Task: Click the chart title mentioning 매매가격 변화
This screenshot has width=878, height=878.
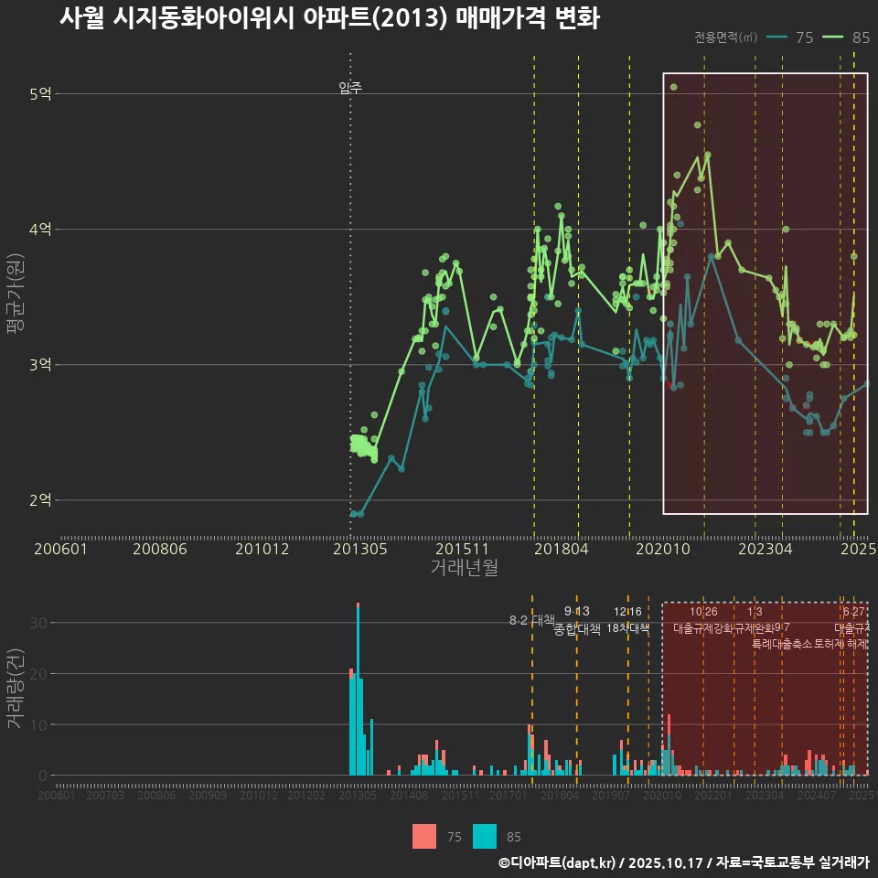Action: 329,18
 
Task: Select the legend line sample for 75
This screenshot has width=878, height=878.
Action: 777,37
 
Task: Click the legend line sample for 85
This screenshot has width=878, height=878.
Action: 834,37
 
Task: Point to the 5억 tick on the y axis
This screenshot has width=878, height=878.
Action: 40,93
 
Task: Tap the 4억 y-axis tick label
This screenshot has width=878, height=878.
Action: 40,229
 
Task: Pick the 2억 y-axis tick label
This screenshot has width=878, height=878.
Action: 40,499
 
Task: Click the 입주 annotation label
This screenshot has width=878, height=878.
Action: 350,88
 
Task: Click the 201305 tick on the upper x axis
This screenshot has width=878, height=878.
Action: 359,549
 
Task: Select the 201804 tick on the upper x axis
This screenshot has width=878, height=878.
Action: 561,549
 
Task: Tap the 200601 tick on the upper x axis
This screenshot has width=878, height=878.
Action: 60,549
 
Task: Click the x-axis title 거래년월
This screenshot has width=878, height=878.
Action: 464,567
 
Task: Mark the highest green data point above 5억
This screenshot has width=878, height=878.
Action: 673,87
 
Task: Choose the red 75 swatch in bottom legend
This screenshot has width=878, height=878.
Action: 424,836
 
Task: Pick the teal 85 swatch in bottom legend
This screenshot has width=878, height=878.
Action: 485,836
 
